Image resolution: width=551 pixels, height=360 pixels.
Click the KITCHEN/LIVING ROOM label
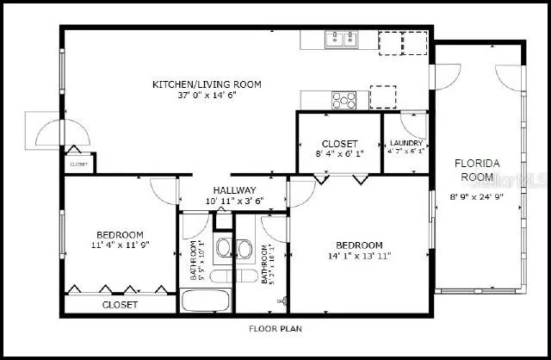coord(207,84)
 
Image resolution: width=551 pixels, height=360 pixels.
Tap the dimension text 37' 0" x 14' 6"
coord(207,96)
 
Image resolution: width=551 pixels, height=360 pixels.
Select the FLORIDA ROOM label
coord(478,170)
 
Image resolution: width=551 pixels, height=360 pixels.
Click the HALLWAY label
coord(234,190)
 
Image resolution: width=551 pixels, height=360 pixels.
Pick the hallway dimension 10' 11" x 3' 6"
coord(234,201)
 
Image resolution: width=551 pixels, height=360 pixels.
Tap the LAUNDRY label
coord(406,143)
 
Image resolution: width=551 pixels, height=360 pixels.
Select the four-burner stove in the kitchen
coord(344,100)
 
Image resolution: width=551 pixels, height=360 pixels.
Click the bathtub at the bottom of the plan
coord(206,302)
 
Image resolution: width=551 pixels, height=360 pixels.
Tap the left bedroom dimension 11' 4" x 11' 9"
coord(120,245)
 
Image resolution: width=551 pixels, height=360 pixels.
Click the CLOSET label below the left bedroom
coord(120,305)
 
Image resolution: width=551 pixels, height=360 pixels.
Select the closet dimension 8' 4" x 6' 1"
coord(338,154)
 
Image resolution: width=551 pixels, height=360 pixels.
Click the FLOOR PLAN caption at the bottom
coord(275,328)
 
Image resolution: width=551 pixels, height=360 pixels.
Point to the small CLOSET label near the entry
coord(78,163)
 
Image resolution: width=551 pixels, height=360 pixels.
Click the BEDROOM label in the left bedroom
coord(120,234)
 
